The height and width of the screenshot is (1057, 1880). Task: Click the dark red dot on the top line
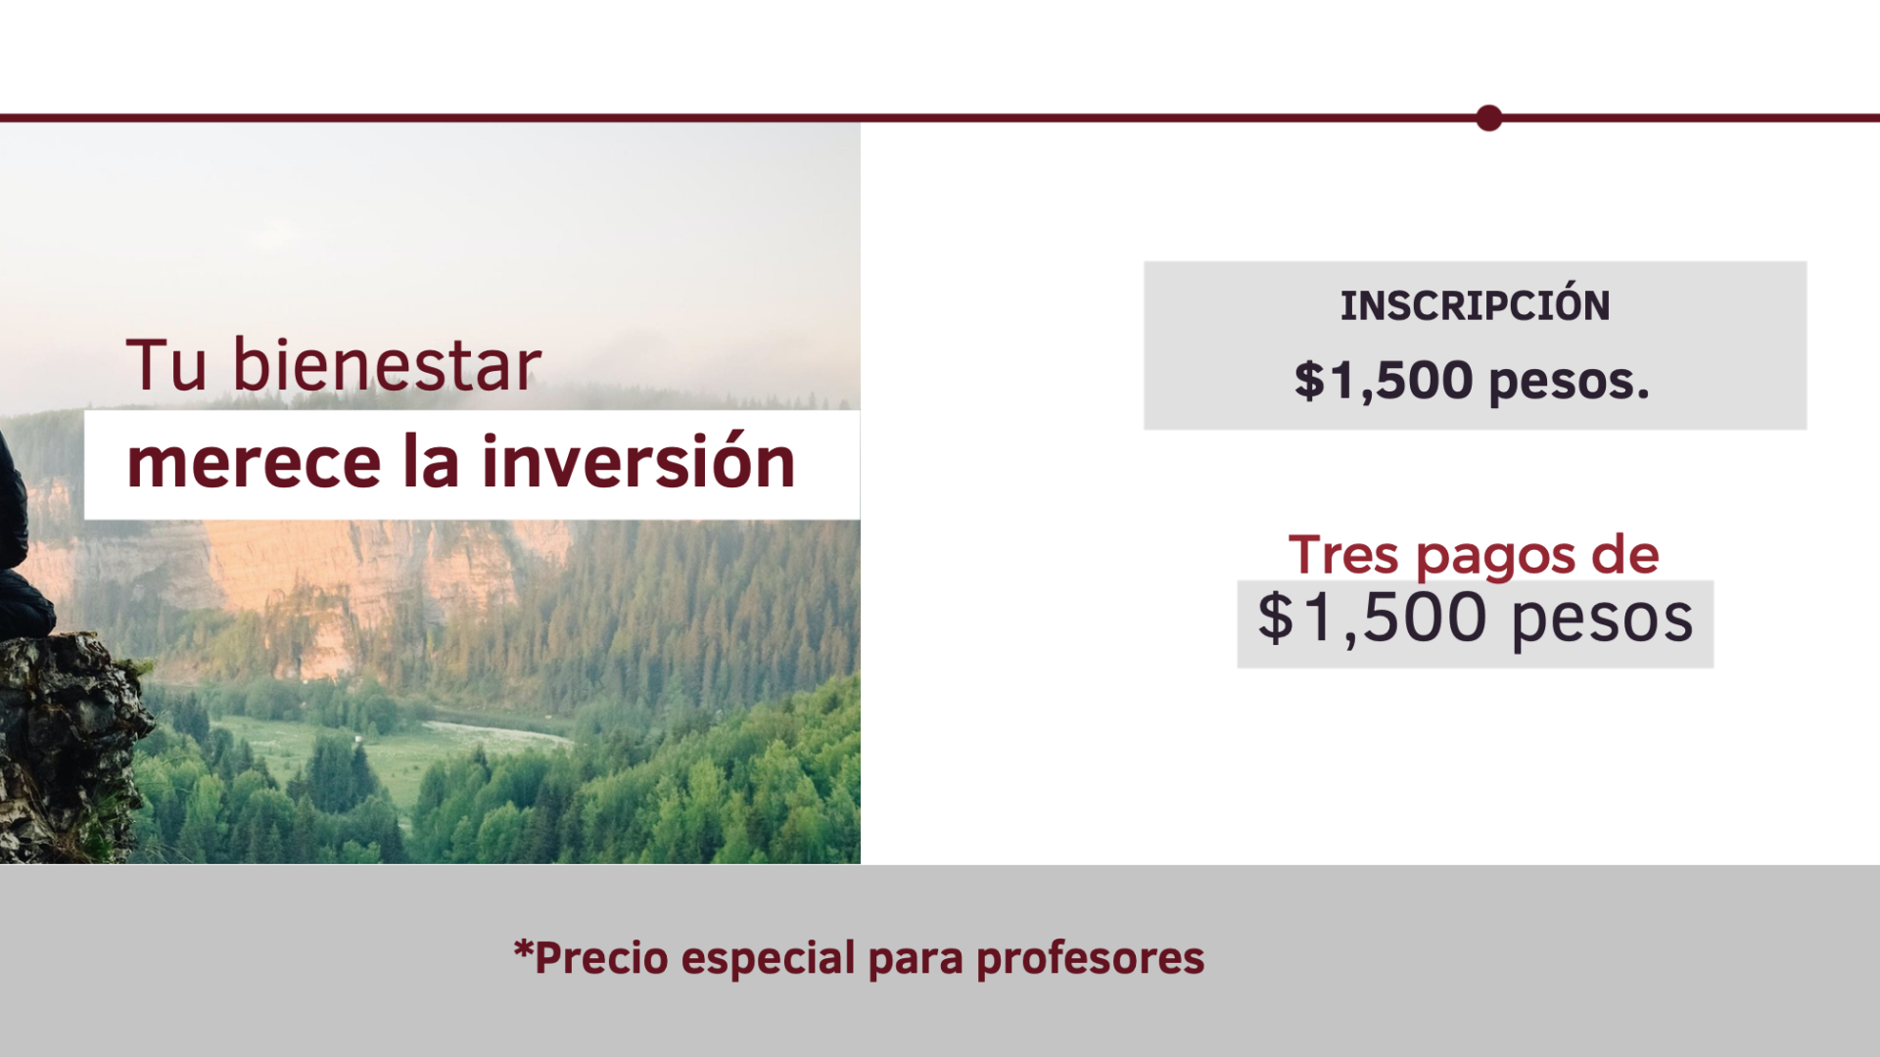pos(1488,118)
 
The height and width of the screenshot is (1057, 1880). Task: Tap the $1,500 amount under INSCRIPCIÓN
pos(1384,381)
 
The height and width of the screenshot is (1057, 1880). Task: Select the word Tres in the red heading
pos(1343,555)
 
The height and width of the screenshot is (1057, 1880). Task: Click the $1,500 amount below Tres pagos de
pos(1373,619)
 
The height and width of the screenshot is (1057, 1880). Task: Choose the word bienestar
pos(386,364)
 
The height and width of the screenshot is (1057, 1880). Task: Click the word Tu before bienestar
pos(166,365)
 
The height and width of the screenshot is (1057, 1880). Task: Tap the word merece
pos(254,464)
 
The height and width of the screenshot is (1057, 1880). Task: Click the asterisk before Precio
pos(524,949)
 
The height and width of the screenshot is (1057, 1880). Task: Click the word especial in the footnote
pos(769,958)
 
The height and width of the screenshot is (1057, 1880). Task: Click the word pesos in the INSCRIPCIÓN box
pos(1569,383)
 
